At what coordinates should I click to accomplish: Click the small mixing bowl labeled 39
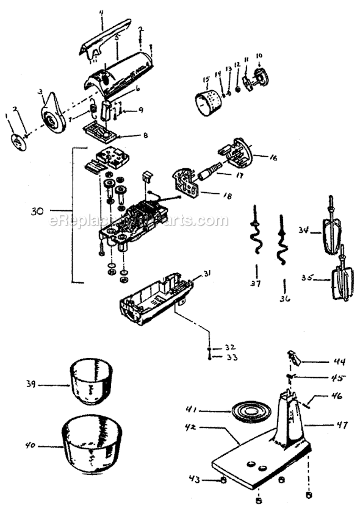92,383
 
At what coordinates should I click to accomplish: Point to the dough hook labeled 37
255,237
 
